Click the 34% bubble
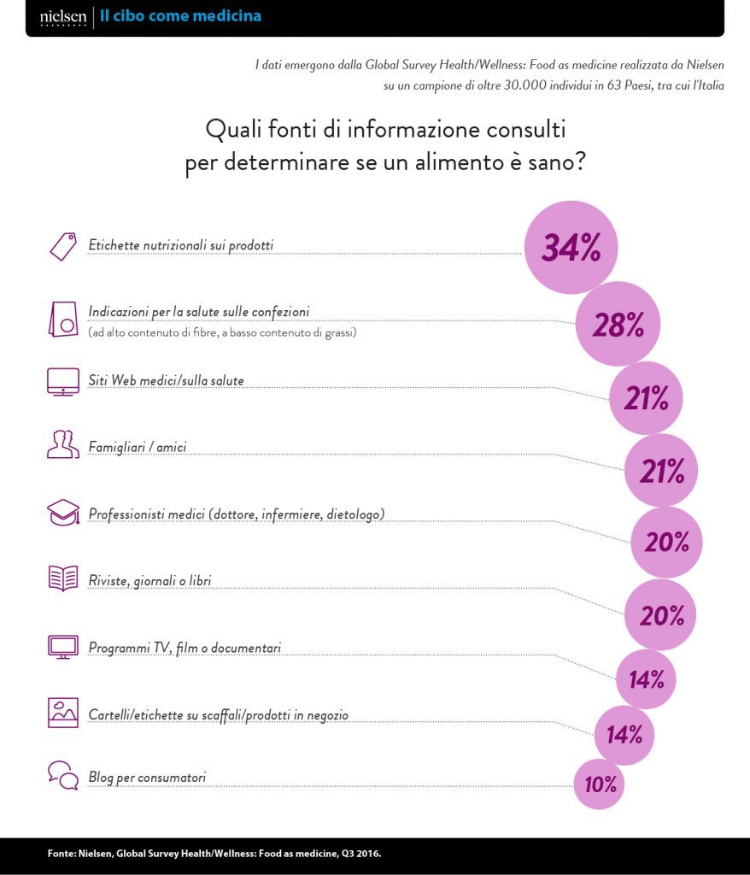click(x=570, y=248)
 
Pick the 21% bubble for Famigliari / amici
click(x=660, y=470)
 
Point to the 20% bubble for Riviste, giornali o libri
click(x=660, y=614)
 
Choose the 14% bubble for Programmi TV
click(x=647, y=679)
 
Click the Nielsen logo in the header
click(x=63, y=17)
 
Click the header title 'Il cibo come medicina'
click(x=180, y=16)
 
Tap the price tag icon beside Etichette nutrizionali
click(x=62, y=246)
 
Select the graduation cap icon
click(x=62, y=514)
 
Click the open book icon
click(x=62, y=580)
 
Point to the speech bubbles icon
click(x=62, y=775)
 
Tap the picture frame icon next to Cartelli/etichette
click(x=62, y=712)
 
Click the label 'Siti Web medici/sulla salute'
click(x=166, y=380)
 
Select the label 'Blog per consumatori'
click(x=147, y=778)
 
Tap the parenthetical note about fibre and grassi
click(x=222, y=332)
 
